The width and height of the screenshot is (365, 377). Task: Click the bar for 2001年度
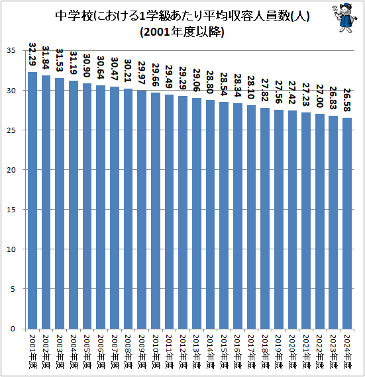32,198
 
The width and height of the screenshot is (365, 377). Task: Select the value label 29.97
141,72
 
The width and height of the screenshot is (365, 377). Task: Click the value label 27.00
320,96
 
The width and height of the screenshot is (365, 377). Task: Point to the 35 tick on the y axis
13,51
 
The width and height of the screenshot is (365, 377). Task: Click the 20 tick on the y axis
13,170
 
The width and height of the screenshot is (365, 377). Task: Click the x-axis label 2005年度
87,351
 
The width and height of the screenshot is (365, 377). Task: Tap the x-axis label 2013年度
196,351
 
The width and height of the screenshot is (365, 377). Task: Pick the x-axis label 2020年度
292,351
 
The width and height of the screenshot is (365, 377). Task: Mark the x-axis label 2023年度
333,351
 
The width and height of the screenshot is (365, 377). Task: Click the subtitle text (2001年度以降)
182,31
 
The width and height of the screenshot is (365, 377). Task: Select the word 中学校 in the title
74,15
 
